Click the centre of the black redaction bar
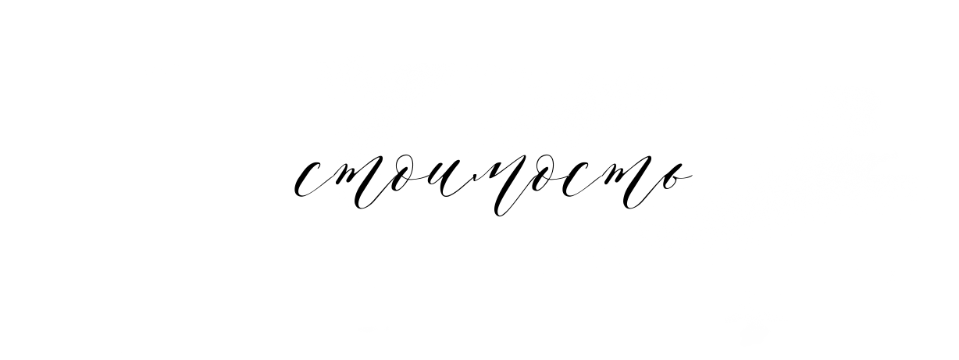pyautogui.click(x=494, y=184)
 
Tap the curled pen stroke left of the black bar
pyautogui.click(x=298, y=187)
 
